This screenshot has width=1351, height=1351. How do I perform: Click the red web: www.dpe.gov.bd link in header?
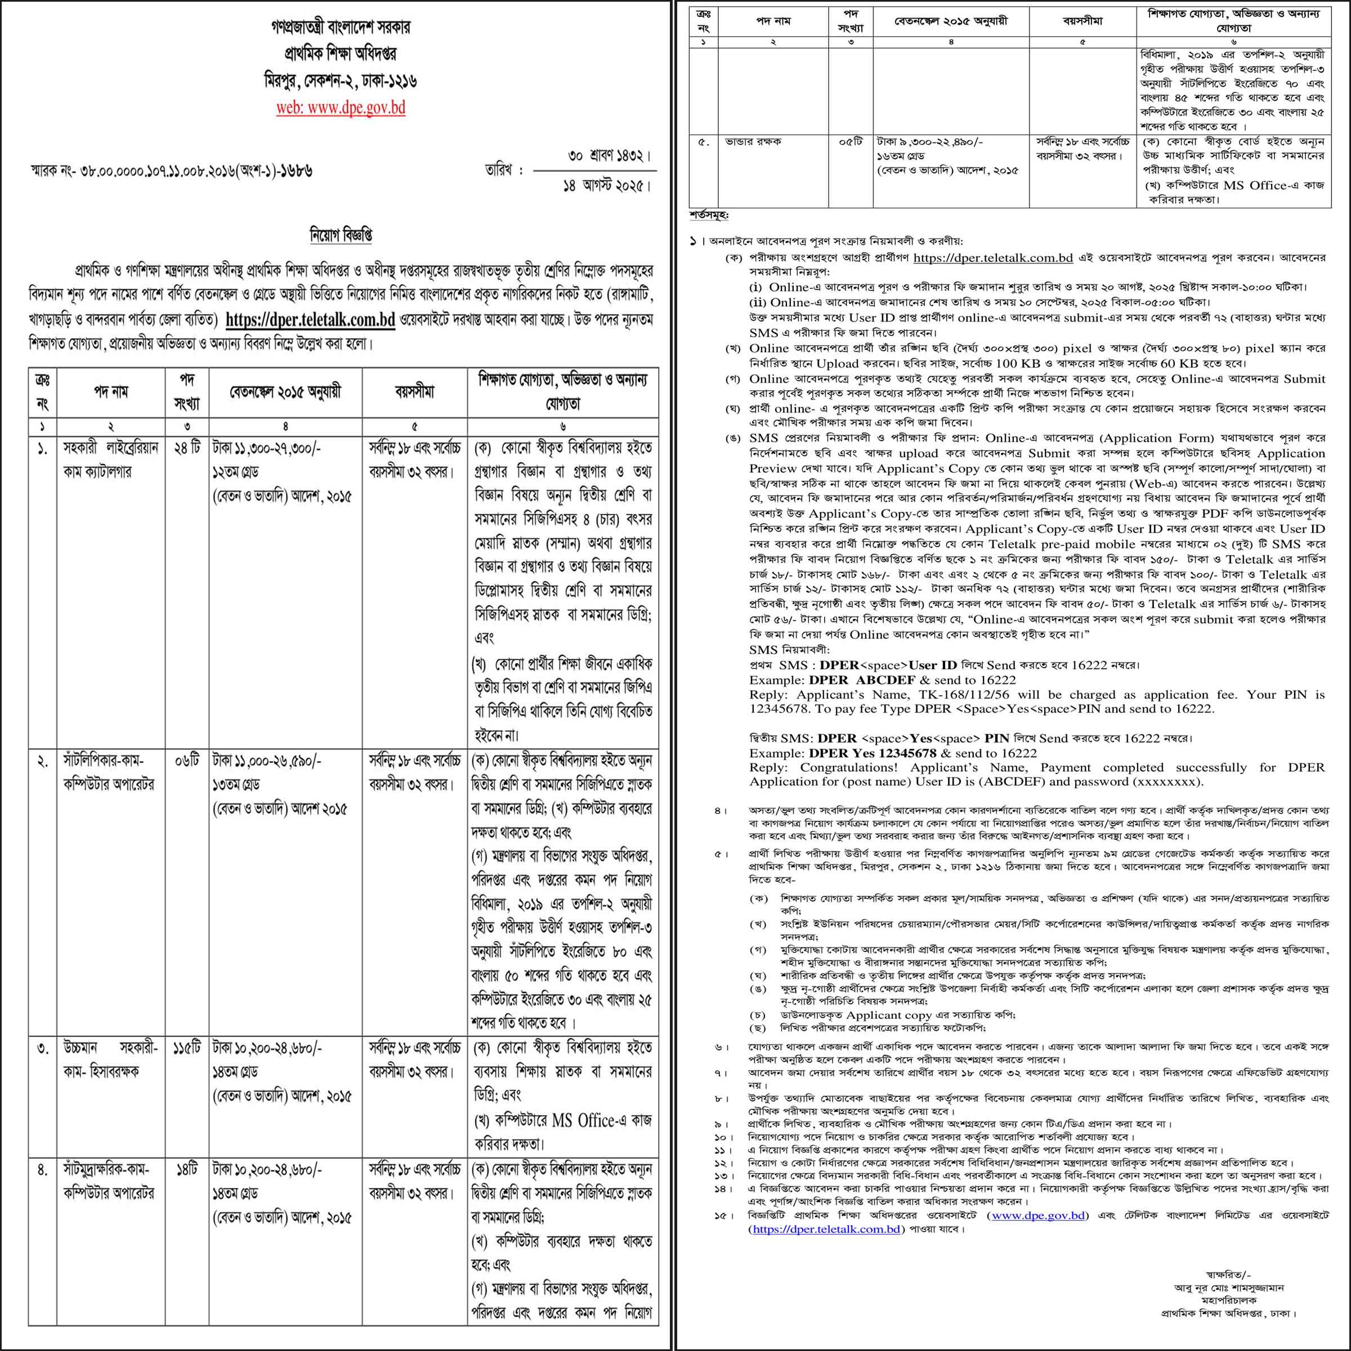tap(341, 109)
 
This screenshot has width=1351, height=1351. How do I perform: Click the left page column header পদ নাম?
tap(110, 392)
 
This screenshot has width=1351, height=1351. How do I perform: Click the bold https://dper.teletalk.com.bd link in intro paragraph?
tap(311, 320)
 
